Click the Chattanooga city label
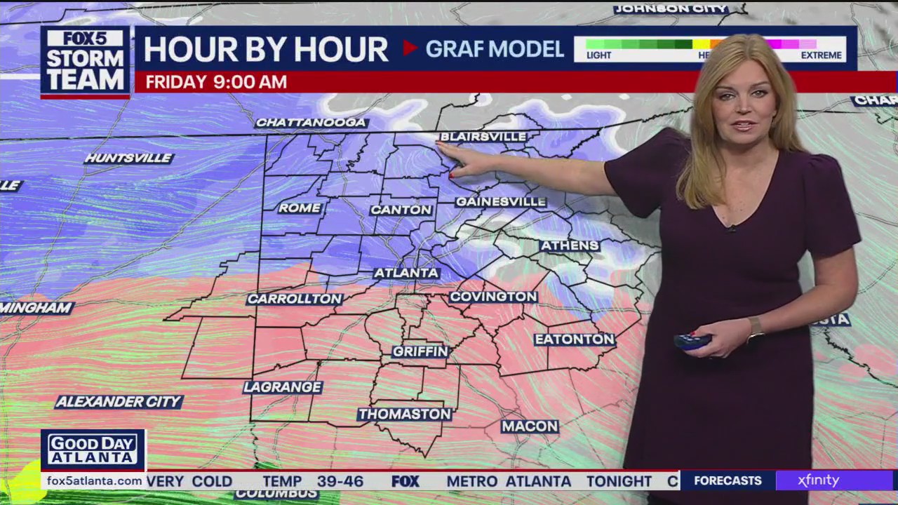(x=311, y=123)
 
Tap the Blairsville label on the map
(x=483, y=137)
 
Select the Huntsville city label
(x=128, y=159)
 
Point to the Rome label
(x=300, y=208)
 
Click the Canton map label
(x=401, y=210)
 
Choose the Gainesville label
(x=500, y=202)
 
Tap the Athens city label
(x=570, y=245)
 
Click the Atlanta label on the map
(x=407, y=273)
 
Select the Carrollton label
(x=295, y=299)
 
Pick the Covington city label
(x=493, y=297)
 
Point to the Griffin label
(x=420, y=351)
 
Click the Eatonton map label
(x=575, y=339)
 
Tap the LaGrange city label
(x=283, y=387)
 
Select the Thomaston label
(x=404, y=415)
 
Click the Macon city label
(x=530, y=426)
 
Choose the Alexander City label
(x=119, y=402)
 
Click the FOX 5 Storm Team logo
(x=85, y=62)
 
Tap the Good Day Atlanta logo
(x=93, y=450)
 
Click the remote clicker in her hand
(x=692, y=342)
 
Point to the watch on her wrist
(x=755, y=328)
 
